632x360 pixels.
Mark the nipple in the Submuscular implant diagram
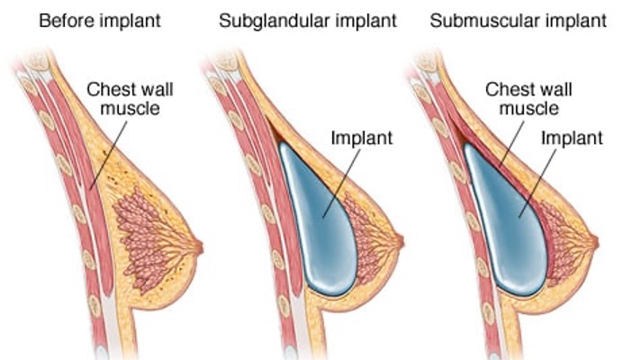[595, 241]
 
